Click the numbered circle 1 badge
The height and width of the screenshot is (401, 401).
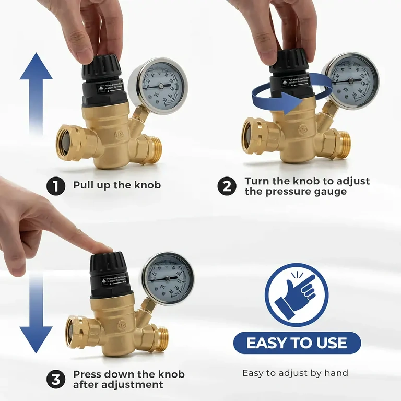click(x=56, y=186)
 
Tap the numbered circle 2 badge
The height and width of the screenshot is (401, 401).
click(x=227, y=186)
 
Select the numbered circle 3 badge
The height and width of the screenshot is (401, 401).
click(x=56, y=380)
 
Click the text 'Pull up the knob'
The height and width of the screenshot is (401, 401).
click(x=117, y=185)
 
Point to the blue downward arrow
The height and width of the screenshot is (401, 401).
click(x=36, y=313)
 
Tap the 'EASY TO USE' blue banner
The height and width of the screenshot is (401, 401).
click(x=297, y=343)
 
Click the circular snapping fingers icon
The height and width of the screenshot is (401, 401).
click(x=297, y=295)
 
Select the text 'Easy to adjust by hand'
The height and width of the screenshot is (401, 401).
click(x=295, y=373)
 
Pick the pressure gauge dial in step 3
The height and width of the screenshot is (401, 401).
click(x=168, y=278)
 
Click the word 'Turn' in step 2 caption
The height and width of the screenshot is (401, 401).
click(x=256, y=181)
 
